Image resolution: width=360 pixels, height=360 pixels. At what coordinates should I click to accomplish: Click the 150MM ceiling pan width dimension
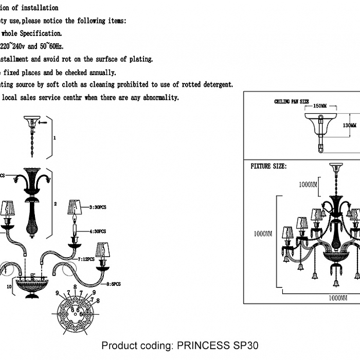[x=319, y=105]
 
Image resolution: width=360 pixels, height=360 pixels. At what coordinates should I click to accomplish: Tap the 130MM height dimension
[x=350, y=125]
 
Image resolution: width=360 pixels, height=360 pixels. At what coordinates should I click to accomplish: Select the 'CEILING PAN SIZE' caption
[x=292, y=102]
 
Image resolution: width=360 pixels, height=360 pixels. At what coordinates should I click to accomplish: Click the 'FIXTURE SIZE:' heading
[x=268, y=167]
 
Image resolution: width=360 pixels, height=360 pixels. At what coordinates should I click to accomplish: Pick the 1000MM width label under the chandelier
[x=336, y=298]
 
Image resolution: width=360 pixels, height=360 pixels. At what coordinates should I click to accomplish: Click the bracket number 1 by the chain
[x=55, y=138]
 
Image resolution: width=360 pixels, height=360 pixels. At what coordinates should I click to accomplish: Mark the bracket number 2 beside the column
[x=55, y=203]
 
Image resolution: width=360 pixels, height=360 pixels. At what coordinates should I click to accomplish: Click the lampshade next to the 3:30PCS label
[x=76, y=207]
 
